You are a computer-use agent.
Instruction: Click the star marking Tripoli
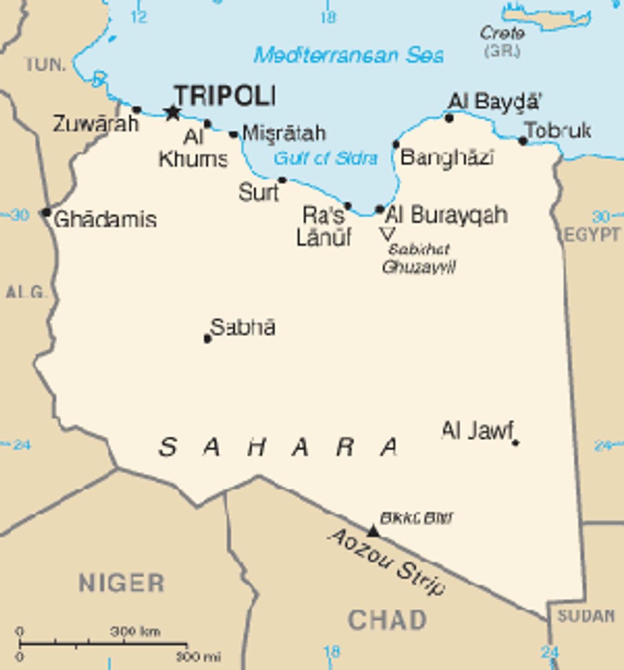[172, 112]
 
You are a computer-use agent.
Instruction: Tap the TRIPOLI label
[225, 96]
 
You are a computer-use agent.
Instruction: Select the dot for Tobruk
[523, 141]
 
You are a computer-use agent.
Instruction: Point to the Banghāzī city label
[447, 157]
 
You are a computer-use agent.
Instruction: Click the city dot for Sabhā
[207, 339]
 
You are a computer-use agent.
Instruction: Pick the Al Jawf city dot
[515, 442]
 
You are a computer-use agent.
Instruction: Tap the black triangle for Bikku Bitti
[372, 531]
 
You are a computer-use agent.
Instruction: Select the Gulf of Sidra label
[325, 158]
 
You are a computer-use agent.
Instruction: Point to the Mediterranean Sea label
[349, 55]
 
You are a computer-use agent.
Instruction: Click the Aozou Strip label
[387, 561]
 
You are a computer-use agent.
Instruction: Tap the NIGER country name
[121, 583]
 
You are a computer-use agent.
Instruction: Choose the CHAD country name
[387, 620]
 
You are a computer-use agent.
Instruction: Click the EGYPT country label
[592, 235]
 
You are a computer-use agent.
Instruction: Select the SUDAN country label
[586, 616]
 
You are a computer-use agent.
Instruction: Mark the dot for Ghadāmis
[46, 212]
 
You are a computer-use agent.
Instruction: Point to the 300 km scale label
[135, 631]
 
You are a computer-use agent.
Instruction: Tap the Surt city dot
[282, 180]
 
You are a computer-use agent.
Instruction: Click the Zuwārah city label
[96, 124]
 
